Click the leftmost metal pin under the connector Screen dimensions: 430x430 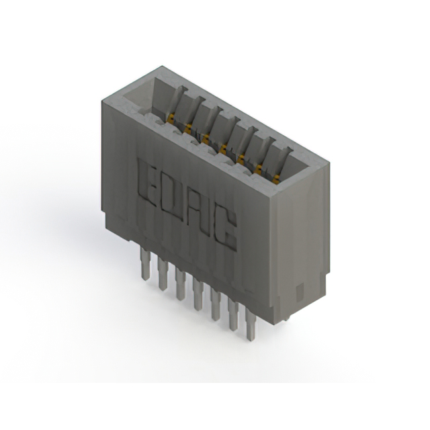click(144, 263)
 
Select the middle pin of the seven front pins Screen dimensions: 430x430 click(197, 294)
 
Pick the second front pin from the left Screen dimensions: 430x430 click(163, 273)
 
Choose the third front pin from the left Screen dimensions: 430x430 click(179, 284)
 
